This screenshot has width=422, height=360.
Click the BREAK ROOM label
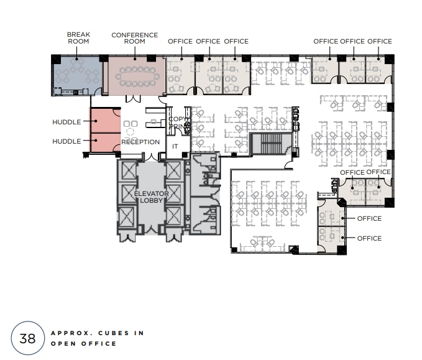pyautogui.click(x=78, y=38)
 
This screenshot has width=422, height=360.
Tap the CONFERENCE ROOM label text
pyautogui.click(x=134, y=38)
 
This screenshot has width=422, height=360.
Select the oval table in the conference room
pyautogui.click(x=135, y=76)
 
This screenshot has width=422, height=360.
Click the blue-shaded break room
pyautogui.click(x=78, y=75)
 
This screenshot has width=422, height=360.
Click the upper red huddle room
pyautogui.click(x=104, y=121)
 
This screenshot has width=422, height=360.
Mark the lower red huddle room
pyautogui.click(x=104, y=143)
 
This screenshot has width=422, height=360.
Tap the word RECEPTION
pyautogui.click(x=140, y=142)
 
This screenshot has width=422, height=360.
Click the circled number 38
pyautogui.click(x=27, y=338)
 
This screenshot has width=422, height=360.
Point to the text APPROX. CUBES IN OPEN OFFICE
pyautogui.click(x=97, y=338)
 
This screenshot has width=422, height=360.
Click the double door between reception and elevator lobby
pyautogui.click(x=142, y=154)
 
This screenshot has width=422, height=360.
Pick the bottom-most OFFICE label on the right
pyautogui.click(x=369, y=238)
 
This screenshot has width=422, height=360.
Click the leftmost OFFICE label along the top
pyautogui.click(x=180, y=42)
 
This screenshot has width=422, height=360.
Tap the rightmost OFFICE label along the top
pyautogui.click(x=380, y=42)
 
